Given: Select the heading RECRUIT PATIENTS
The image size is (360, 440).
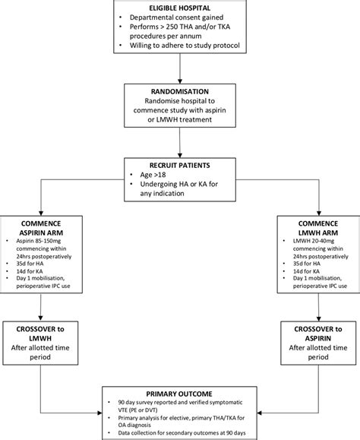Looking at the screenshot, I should pos(179,164).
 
